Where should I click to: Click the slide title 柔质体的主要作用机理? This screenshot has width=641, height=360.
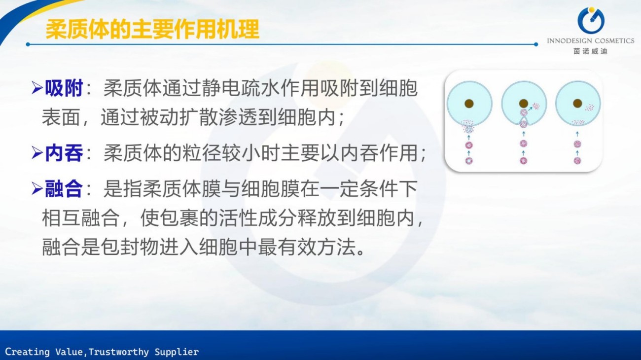[152, 29]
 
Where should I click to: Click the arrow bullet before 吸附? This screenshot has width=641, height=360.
[37, 89]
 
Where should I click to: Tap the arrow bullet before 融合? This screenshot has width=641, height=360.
[37, 189]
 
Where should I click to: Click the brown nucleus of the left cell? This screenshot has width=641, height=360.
[469, 104]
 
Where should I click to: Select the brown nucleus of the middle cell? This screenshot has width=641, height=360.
[523, 104]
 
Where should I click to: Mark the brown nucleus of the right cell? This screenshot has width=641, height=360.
[577, 104]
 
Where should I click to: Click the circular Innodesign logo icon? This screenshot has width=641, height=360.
[591, 20]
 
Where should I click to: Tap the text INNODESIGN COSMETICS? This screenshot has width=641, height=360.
[591, 41]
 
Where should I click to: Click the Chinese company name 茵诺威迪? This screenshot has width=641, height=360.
[590, 51]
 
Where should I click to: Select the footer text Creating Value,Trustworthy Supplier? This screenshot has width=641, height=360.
[102, 352]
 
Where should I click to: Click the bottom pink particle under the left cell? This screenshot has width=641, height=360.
[469, 161]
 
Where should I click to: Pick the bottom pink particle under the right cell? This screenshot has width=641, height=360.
[577, 160]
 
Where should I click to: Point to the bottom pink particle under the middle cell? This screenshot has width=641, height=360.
[523, 161]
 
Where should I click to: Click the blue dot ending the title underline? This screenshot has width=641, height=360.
[536, 44]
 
